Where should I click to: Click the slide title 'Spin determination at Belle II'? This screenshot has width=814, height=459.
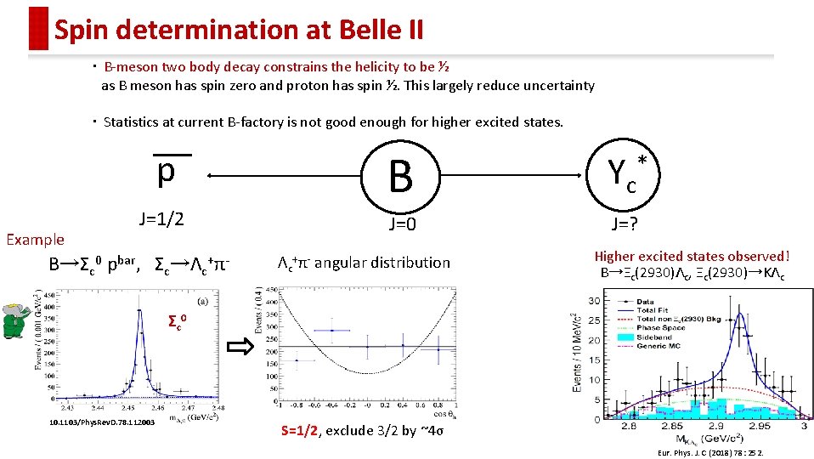click(x=238, y=31)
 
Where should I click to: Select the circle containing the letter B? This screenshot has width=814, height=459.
click(x=400, y=176)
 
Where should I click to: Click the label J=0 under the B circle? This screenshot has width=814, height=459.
click(x=400, y=225)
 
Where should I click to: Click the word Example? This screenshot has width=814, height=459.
click(x=35, y=240)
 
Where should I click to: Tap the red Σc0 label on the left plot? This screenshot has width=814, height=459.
click(x=177, y=322)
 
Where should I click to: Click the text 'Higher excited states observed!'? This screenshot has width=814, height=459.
click(x=692, y=256)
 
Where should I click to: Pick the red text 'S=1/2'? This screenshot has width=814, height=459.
click(x=298, y=431)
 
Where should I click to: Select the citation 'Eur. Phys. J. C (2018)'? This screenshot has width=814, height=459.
click(x=710, y=453)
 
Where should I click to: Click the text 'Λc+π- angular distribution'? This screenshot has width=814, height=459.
click(x=364, y=263)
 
